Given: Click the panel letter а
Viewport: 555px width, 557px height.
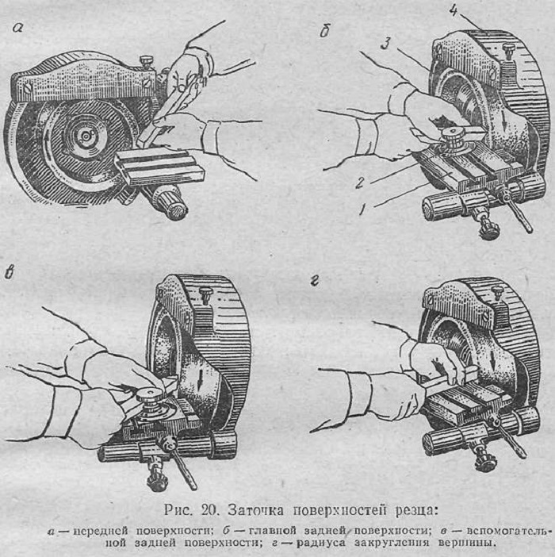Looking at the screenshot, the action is pos(17,28).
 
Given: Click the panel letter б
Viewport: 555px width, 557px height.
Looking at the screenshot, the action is pos(325,31).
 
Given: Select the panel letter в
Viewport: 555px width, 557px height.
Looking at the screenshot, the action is pos(10,273).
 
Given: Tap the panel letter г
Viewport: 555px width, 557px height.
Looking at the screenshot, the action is pos(315,281).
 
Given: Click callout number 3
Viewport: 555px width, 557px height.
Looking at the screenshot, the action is pos(386,44).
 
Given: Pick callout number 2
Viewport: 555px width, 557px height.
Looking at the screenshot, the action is pos(360,183).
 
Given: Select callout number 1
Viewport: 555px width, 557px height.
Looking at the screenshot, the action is pos(362,210).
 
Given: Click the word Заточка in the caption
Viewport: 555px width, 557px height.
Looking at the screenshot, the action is pos(255,510).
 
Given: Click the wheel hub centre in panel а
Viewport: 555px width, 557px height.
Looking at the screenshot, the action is pos(86,136).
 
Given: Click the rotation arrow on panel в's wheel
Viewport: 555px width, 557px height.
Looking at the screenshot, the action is pos(201,378).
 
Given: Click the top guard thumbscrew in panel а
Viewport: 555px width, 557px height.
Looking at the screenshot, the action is pos(146,60).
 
